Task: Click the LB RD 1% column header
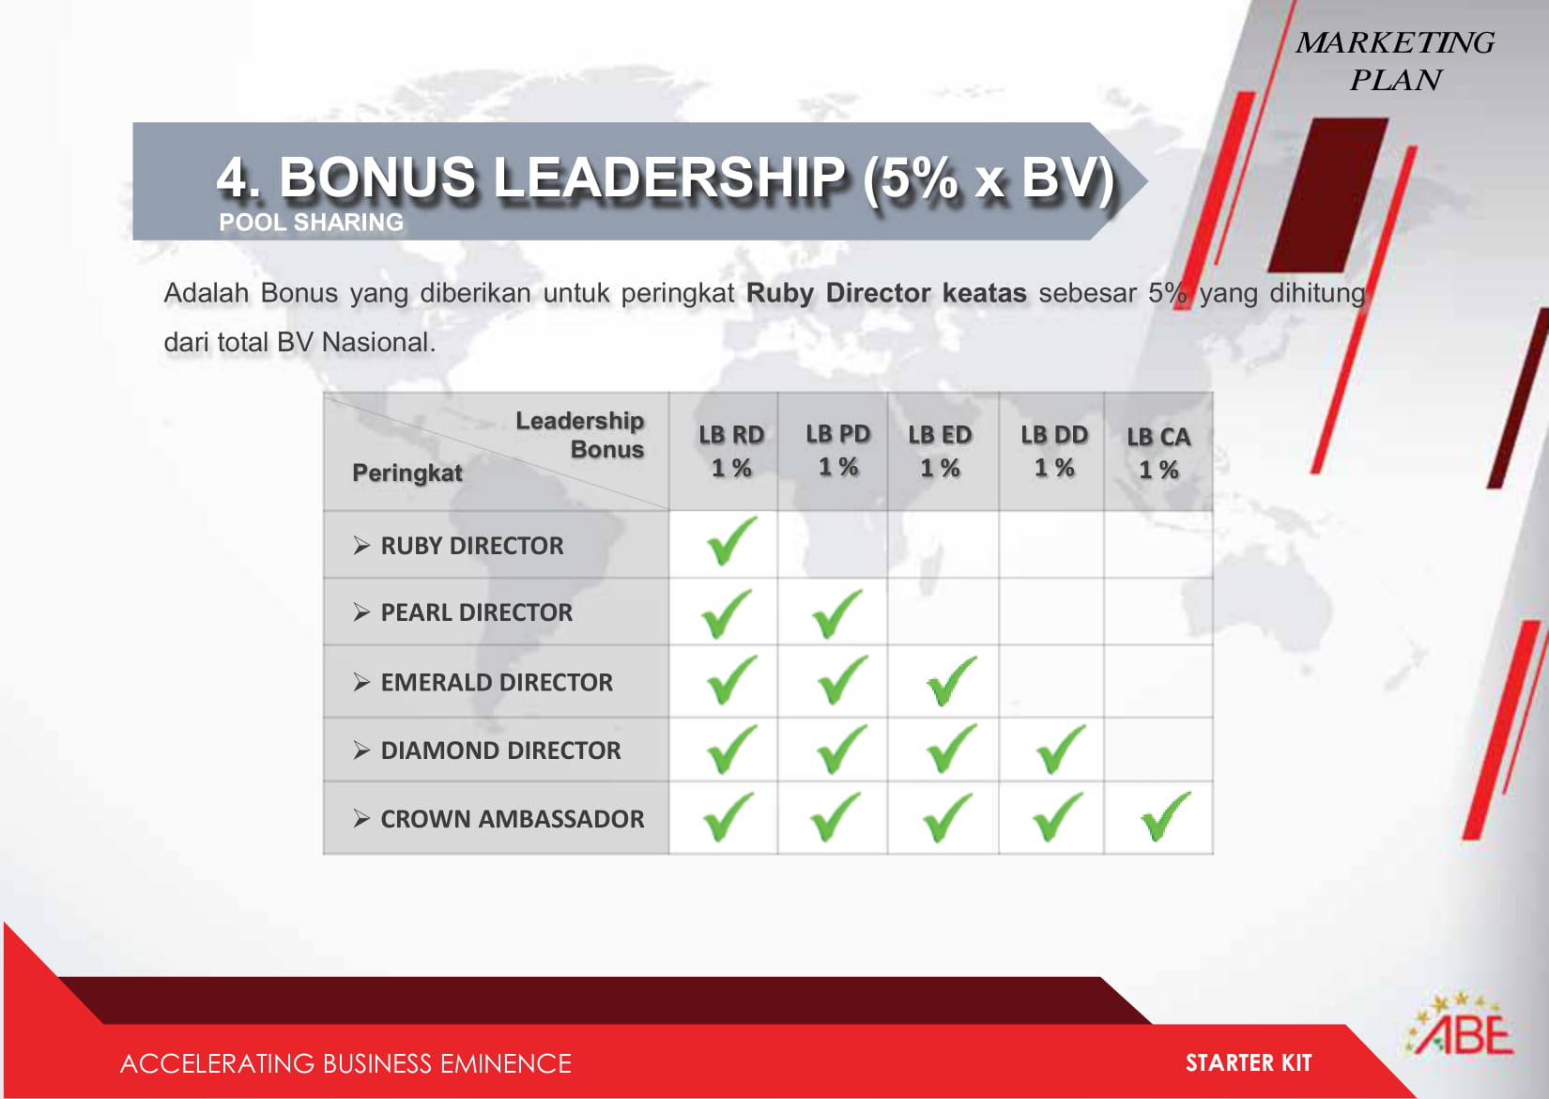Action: [x=731, y=451]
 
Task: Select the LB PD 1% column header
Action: [x=838, y=450]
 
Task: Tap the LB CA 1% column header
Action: [x=1159, y=453]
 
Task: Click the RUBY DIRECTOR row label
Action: [x=472, y=546]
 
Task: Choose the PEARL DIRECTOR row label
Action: [x=477, y=612]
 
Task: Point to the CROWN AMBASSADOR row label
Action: [x=513, y=819]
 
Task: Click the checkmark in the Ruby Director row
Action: [x=732, y=540]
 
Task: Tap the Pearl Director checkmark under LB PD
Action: [x=837, y=614]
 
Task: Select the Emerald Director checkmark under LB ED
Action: [x=952, y=681]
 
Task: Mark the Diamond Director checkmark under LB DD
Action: [x=1061, y=749]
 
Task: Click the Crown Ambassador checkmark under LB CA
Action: [x=1166, y=816]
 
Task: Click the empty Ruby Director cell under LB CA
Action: [x=1158, y=545]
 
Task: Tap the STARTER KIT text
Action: [x=1249, y=1062]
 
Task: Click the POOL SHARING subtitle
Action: [x=311, y=223]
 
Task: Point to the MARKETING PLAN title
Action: [x=1395, y=62]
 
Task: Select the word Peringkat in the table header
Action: [x=407, y=472]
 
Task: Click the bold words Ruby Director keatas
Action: [x=886, y=293]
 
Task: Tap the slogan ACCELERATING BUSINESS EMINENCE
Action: [x=345, y=1063]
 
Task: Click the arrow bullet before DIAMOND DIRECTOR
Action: [x=361, y=751]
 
